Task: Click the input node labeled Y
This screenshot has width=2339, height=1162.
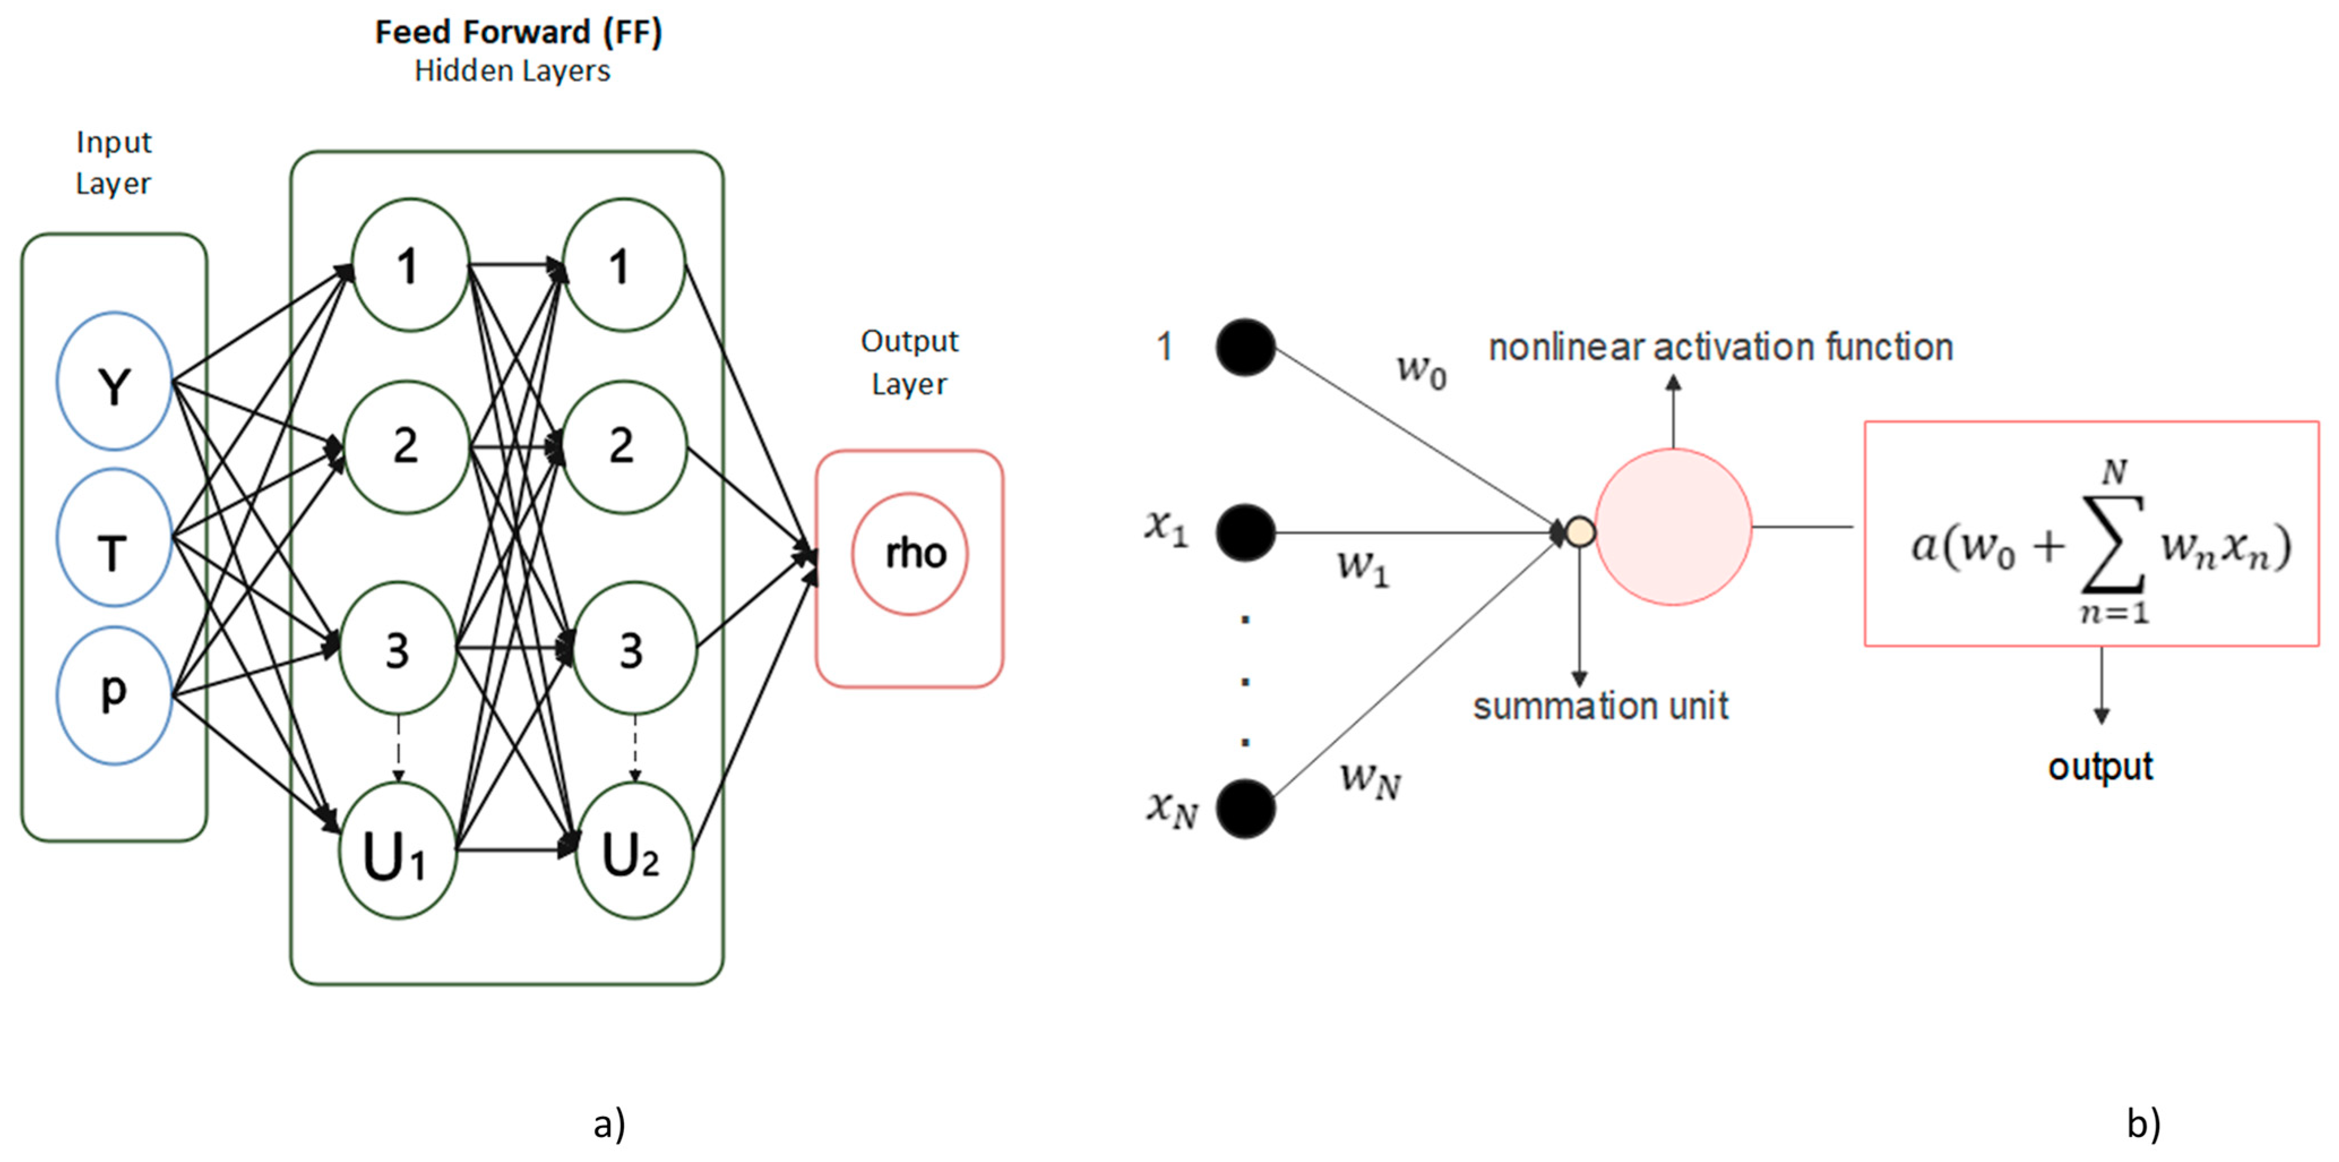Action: coord(114,381)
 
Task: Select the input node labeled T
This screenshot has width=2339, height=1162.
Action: coord(114,537)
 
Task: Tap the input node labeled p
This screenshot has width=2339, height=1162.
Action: coord(114,694)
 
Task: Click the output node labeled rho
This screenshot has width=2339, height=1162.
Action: coord(910,554)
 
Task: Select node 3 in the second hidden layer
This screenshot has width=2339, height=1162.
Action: coord(634,648)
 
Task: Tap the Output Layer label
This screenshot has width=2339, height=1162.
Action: coord(909,362)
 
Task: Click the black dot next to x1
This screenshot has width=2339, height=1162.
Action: coord(1246,532)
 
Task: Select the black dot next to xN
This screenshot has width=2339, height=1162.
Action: coord(1246,808)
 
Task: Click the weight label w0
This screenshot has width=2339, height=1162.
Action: coord(1421,369)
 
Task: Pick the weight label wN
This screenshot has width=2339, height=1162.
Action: coord(1370,779)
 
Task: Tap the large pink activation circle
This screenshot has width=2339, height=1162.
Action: coord(1673,526)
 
